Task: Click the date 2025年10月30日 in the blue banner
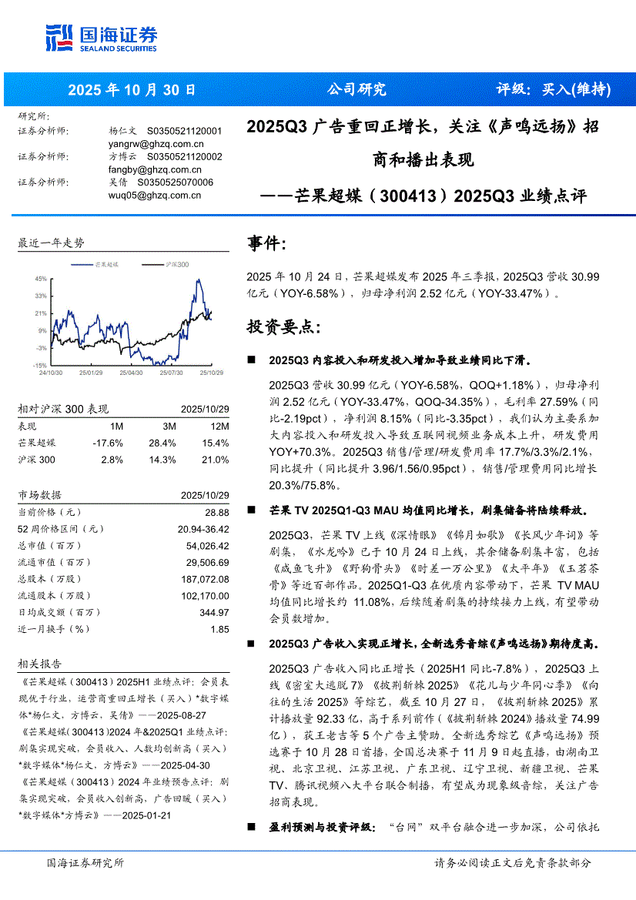[132, 90]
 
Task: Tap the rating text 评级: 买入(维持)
[553, 90]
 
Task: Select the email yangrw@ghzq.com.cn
[156, 143]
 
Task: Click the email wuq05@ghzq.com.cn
[154, 196]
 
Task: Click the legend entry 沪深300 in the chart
[176, 264]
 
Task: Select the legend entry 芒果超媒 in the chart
[105, 264]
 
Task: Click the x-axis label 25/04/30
[132, 373]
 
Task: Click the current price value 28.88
[217, 512]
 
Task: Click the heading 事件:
[266, 244]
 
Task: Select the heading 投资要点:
[283, 327]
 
